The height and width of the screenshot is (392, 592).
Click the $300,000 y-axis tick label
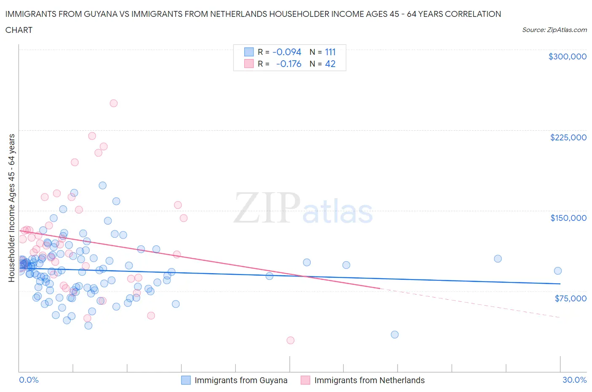(x=567, y=56)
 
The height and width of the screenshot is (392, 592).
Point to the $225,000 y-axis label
(x=568, y=137)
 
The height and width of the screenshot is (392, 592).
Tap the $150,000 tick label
(x=568, y=218)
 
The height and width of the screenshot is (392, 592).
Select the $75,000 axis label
(x=571, y=298)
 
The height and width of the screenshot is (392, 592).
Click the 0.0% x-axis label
(x=29, y=380)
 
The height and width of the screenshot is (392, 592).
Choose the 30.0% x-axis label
(x=574, y=380)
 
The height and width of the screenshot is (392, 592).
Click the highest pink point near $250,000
(x=113, y=103)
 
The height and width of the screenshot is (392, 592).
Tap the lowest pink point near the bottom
(x=291, y=340)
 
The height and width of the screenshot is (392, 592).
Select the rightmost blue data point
(x=558, y=271)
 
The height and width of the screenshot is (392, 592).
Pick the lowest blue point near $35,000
(x=395, y=335)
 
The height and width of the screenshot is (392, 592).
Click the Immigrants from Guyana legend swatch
(x=186, y=380)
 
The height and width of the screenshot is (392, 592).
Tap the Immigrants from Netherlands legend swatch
(x=305, y=380)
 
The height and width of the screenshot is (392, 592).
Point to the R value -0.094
(x=287, y=52)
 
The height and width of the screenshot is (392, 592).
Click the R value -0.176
(x=288, y=64)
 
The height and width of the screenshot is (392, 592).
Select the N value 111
(x=330, y=52)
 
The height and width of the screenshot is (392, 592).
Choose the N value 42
(x=330, y=64)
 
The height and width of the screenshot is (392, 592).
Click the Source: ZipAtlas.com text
(x=554, y=30)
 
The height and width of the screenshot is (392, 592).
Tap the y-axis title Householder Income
(x=11, y=208)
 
